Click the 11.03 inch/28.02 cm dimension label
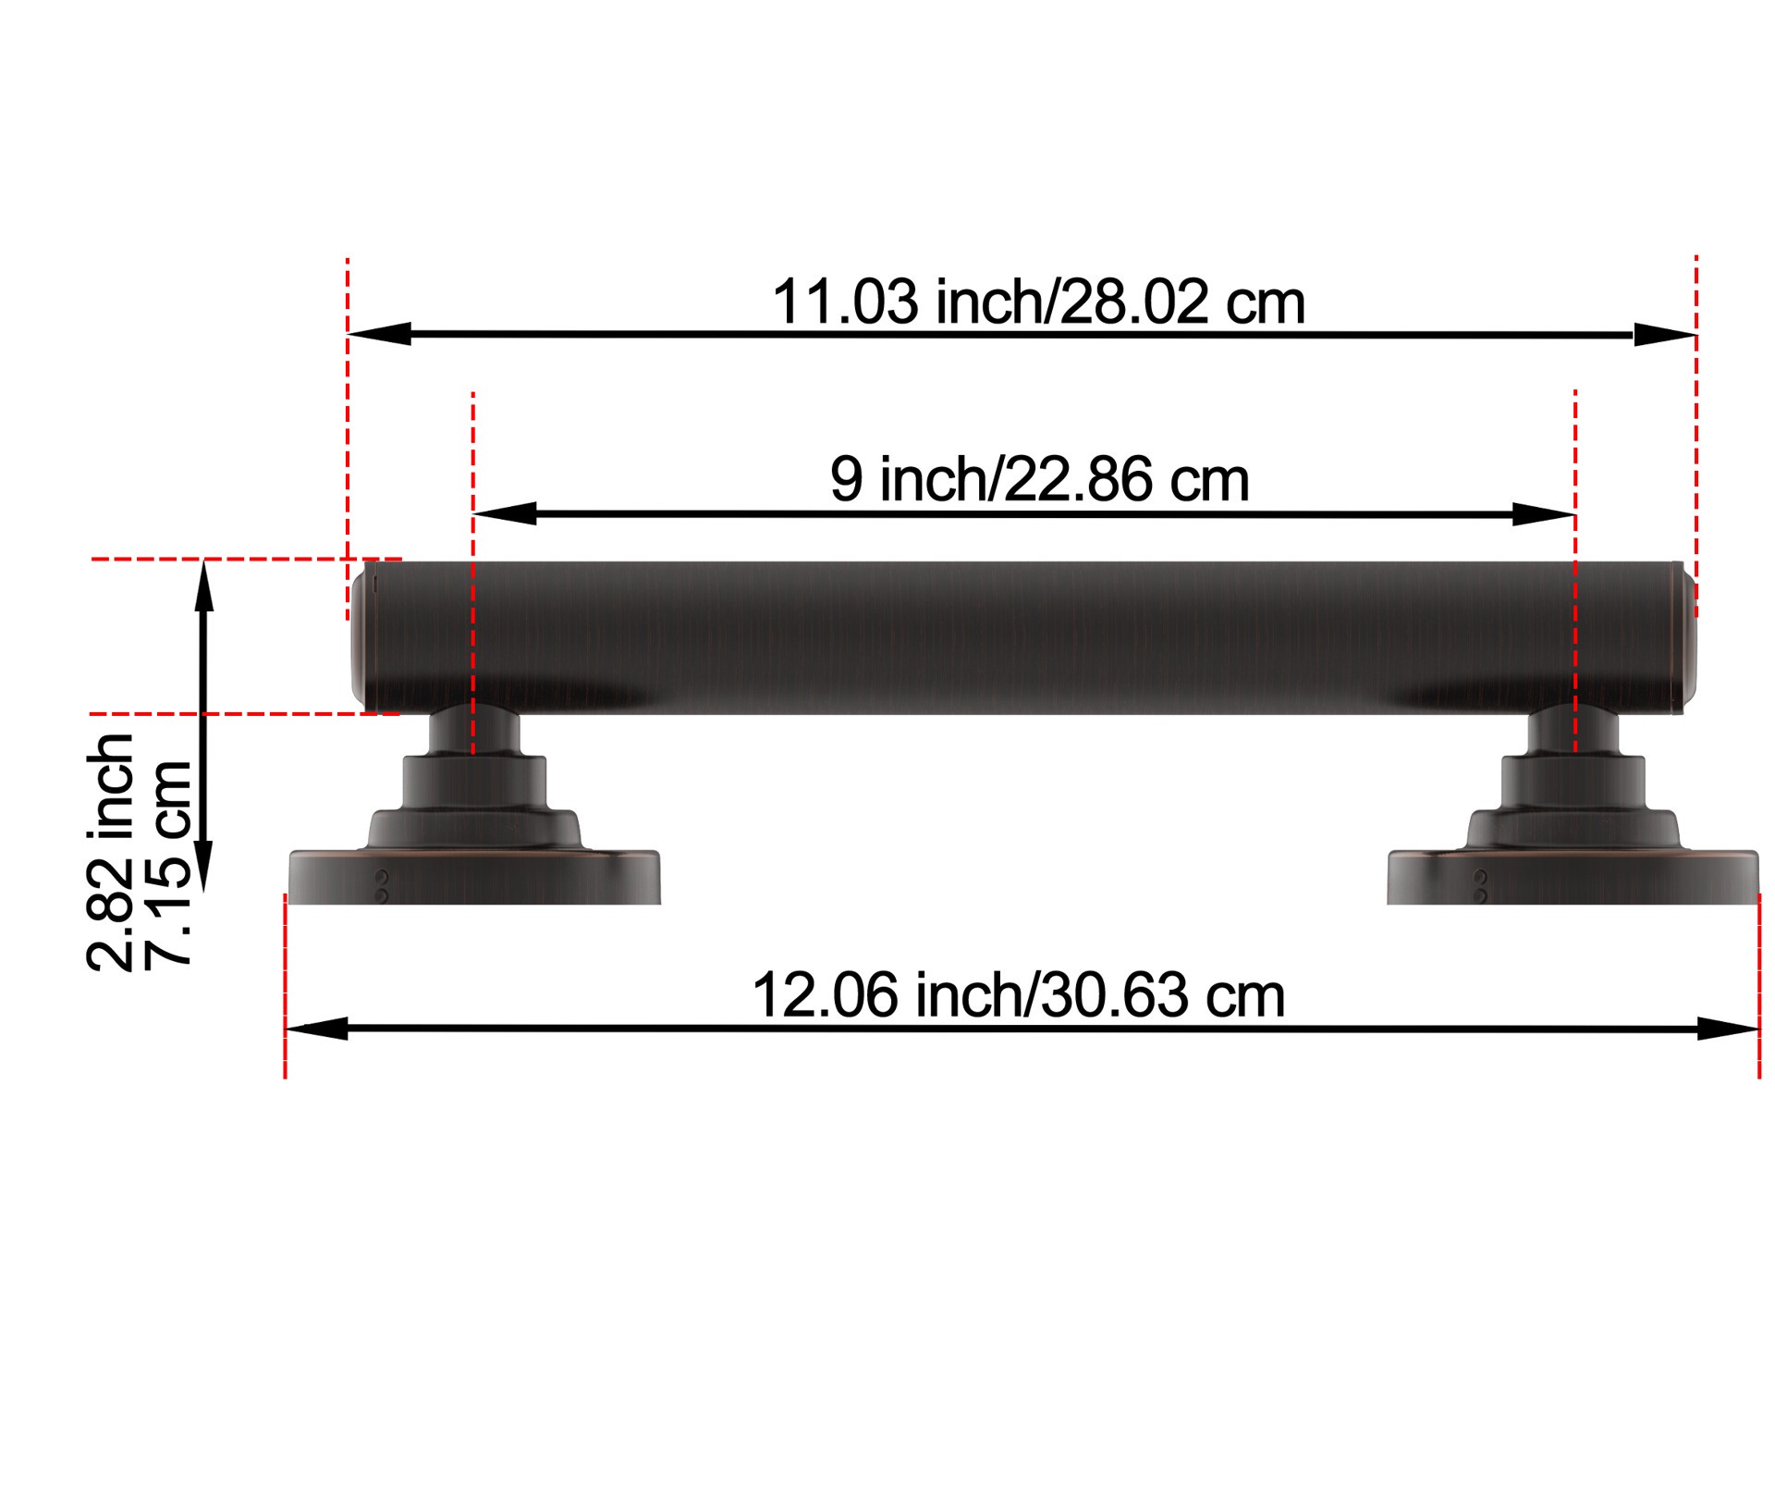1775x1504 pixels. (1037, 302)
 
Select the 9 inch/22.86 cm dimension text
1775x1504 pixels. (1039, 479)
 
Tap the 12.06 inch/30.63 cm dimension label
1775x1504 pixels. (1018, 995)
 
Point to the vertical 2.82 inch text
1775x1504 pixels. (111, 852)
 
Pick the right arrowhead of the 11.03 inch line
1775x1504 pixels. (1663, 335)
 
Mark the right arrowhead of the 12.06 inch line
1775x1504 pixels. (1726, 1029)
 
